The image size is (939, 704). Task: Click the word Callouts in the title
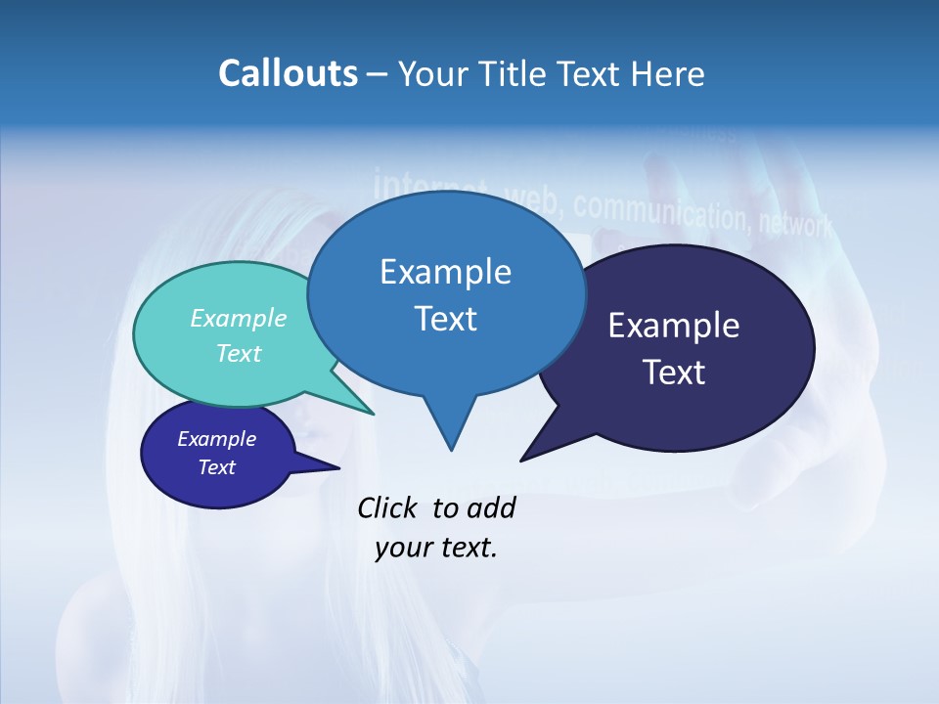[288, 74]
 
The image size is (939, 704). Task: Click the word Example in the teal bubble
[239, 318]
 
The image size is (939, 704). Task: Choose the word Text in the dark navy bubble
[674, 373]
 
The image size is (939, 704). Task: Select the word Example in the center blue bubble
[445, 272]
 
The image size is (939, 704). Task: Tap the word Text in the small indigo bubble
[217, 467]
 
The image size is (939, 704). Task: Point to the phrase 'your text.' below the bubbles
[436, 548]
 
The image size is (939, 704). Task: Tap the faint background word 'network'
[795, 225]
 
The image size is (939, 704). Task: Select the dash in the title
[378, 74]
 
